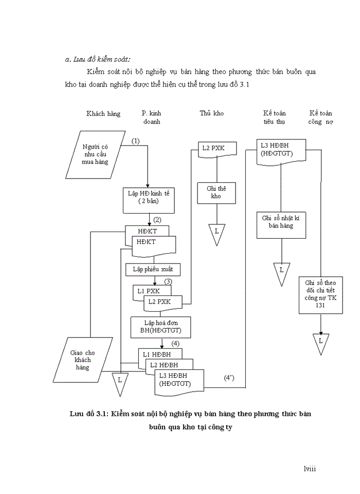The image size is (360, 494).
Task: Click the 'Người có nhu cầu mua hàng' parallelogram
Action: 95,154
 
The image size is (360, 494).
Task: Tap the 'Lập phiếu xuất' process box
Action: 153,270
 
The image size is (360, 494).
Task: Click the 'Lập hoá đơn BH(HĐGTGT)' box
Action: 161,326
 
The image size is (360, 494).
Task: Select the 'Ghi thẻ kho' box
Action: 216,192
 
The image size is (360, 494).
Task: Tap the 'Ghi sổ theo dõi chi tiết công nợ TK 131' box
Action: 320,295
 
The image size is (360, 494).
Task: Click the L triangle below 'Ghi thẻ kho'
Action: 217,233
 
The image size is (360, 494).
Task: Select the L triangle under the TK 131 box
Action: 320,342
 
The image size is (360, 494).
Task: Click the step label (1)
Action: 136,140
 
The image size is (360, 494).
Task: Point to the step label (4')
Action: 229,378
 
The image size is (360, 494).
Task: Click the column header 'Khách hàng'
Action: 103,113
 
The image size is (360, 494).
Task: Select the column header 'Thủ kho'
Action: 212,113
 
